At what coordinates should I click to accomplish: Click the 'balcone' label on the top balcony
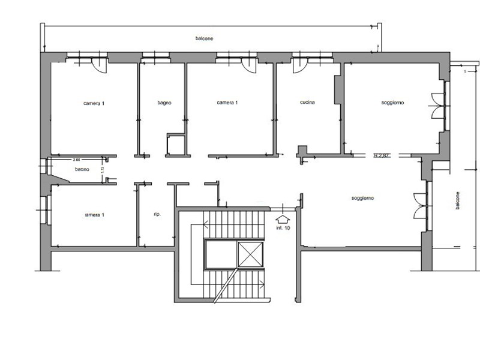205,38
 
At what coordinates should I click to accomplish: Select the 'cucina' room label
307,103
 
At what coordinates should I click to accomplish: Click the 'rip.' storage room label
157,214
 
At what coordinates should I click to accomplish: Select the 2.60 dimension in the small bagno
76,160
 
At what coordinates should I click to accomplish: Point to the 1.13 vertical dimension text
103,170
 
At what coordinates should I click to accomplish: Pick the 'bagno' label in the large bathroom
164,103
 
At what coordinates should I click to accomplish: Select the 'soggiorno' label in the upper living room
392,103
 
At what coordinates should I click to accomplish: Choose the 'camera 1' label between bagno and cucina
227,103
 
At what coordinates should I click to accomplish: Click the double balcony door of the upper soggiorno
437,102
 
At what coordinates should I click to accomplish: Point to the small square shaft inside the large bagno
175,144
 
